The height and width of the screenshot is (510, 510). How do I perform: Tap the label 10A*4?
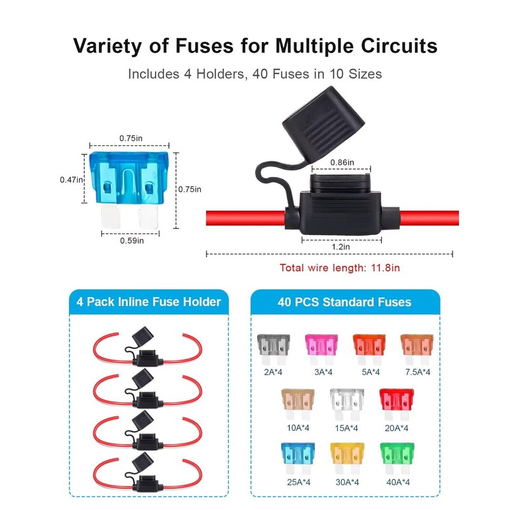(297, 428)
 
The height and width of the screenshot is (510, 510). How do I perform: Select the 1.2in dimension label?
(341, 245)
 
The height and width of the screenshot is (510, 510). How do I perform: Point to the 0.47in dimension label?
(71, 180)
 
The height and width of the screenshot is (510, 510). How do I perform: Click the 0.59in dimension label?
(132, 240)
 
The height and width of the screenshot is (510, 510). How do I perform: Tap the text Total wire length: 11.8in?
(340, 268)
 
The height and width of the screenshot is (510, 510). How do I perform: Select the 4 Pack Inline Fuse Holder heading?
(148, 302)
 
